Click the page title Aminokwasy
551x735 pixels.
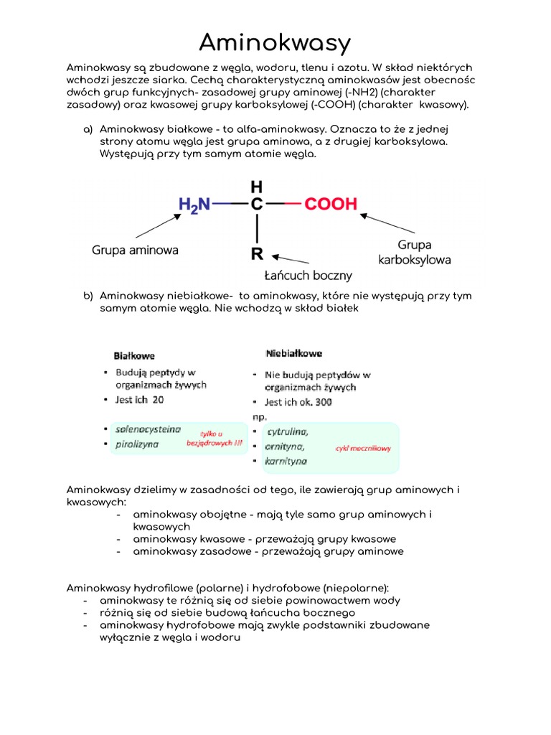tap(275, 43)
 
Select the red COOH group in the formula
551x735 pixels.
tap(331, 204)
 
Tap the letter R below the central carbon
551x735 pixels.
tap(256, 253)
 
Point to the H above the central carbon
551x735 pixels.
tap(256, 186)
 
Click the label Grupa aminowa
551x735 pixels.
tap(135, 251)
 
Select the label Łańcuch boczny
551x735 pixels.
tap(309, 275)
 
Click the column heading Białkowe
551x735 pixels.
tap(134, 355)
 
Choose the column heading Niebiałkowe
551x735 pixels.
tap(294, 353)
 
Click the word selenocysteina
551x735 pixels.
tap(148, 429)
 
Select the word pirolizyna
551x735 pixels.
tap(137, 444)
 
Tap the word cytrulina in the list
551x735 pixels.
tap(288, 431)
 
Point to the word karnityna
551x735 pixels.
tap(286, 461)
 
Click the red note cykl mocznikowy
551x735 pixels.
tap(364, 449)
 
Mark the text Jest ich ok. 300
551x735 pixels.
tap(298, 403)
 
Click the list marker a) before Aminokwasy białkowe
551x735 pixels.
tap(88, 129)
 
